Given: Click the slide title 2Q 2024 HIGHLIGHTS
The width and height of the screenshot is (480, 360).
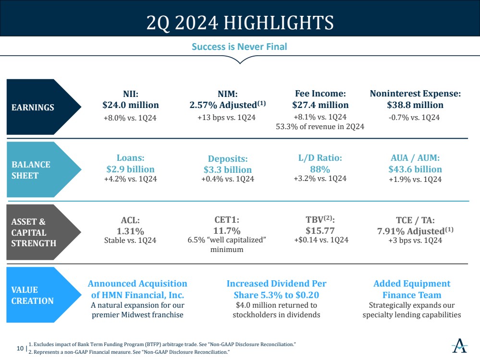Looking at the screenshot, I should click(x=240, y=22).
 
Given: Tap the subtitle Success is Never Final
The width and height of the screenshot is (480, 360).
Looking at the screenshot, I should click(x=239, y=47).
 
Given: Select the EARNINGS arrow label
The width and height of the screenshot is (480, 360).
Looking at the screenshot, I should click(x=33, y=108).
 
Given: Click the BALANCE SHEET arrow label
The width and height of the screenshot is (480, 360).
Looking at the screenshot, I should click(x=31, y=170).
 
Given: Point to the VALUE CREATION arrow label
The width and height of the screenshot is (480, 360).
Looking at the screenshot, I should click(x=32, y=295).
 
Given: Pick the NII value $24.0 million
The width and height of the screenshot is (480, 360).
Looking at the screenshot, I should click(x=131, y=105).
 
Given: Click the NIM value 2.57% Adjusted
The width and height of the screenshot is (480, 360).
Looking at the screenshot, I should click(x=228, y=105).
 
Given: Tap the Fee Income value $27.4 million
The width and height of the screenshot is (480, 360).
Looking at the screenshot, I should click(x=320, y=105).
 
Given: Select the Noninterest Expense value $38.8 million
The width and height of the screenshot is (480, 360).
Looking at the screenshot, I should click(x=415, y=105).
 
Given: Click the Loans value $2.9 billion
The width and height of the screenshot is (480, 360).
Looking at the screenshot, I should click(x=131, y=169).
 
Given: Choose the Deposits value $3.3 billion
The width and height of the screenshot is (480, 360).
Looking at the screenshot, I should click(x=228, y=169).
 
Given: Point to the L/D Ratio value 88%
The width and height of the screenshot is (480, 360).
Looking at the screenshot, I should click(x=320, y=169).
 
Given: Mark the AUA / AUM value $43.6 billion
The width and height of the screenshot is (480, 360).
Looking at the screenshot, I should click(x=415, y=169).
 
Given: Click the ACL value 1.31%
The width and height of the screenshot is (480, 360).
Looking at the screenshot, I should click(x=130, y=231).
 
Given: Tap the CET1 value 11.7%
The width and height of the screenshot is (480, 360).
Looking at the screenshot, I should click(x=227, y=231).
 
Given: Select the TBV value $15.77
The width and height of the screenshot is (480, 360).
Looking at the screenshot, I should click(x=320, y=230).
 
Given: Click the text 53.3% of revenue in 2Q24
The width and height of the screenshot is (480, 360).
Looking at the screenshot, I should click(x=320, y=127).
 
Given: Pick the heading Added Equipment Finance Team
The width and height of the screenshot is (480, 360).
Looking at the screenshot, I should click(x=412, y=289).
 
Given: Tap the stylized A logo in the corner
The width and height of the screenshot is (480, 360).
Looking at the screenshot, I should click(x=459, y=345).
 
